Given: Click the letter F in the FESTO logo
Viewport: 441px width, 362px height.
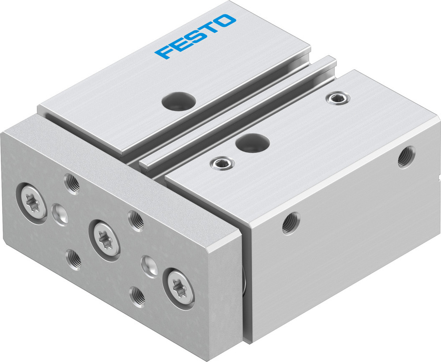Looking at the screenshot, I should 164,52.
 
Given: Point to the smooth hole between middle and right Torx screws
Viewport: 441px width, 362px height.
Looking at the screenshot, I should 148,265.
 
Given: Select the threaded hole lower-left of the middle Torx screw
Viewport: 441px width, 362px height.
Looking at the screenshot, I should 73,258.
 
